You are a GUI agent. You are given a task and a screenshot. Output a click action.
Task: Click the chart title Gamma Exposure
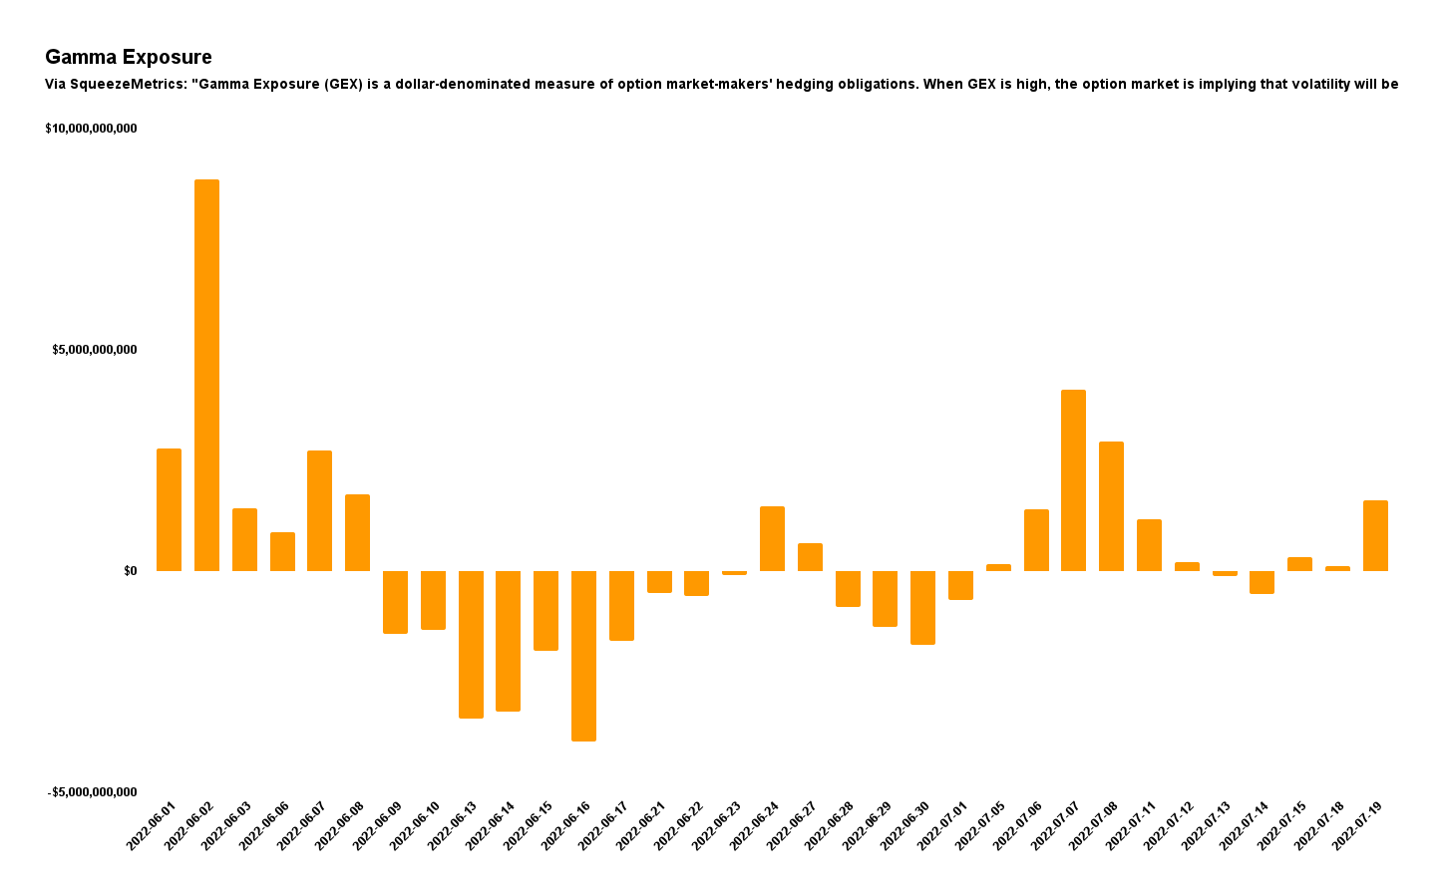point(129,58)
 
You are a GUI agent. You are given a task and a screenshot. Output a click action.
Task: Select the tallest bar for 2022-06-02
point(206,375)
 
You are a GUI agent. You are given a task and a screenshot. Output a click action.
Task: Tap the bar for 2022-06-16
point(583,656)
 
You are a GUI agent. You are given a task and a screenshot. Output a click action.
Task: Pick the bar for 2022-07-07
point(1073,480)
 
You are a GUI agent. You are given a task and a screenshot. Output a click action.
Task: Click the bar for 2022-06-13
point(471,644)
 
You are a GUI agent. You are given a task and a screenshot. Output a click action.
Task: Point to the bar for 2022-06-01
point(169,509)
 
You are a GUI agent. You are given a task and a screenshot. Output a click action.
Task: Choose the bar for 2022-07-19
point(1375,535)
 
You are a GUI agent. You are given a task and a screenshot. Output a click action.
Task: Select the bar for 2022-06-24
point(772,538)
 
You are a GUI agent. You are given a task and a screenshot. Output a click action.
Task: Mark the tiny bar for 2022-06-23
point(734,573)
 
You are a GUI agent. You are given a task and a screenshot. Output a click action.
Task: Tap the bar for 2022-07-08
point(1111,506)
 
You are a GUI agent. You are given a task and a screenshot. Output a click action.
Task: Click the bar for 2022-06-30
point(922,607)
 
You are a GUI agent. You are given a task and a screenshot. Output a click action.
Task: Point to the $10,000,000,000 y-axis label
point(91,129)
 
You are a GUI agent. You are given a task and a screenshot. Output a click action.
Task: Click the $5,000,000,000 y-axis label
point(95,350)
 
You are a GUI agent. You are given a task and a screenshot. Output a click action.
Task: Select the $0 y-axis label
point(130,571)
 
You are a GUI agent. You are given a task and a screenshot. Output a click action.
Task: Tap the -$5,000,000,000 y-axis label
point(92,792)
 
